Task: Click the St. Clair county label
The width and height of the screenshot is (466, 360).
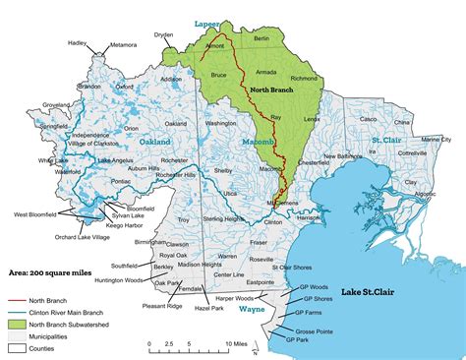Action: tap(390, 143)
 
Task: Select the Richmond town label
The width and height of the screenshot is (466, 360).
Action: tap(304, 78)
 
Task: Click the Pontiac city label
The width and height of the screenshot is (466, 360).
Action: tap(122, 182)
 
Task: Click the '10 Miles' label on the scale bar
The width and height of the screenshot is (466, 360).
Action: tap(236, 344)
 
